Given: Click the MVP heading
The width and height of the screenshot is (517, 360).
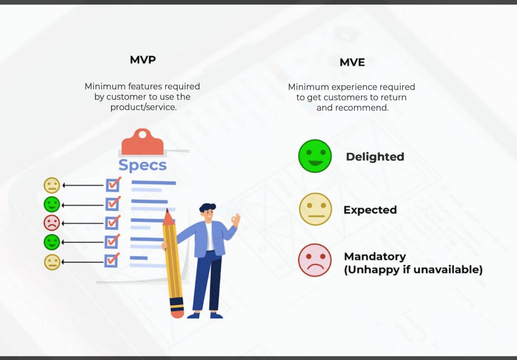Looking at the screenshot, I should (142, 60).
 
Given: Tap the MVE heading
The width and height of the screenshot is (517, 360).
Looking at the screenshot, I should (352, 63).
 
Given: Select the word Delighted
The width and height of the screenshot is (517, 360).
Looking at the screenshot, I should (375, 157).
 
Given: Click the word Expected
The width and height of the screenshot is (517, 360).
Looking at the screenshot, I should (370, 210).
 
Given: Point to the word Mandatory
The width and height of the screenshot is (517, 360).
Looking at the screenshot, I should (375, 256).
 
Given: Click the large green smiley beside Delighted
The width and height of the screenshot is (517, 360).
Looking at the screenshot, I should (315, 156).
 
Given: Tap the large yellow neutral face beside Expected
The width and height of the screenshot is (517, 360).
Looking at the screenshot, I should (316, 209).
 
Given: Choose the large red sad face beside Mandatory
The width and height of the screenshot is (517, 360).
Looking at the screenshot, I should (315, 260).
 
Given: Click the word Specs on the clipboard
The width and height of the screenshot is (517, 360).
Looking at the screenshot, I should (142, 165).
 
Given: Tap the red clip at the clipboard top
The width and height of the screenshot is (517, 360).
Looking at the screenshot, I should (142, 141).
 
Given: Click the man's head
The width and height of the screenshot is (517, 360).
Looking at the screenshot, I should (207, 212).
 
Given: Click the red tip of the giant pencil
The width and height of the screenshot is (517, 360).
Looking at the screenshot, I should (168, 217).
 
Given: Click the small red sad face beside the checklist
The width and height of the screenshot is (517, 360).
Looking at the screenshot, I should (51, 223).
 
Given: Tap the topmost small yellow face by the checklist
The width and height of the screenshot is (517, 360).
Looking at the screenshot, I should (51, 185).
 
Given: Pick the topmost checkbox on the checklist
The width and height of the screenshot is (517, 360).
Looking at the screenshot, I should (112, 185).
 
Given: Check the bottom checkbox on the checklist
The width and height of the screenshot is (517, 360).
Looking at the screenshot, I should (111, 261).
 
